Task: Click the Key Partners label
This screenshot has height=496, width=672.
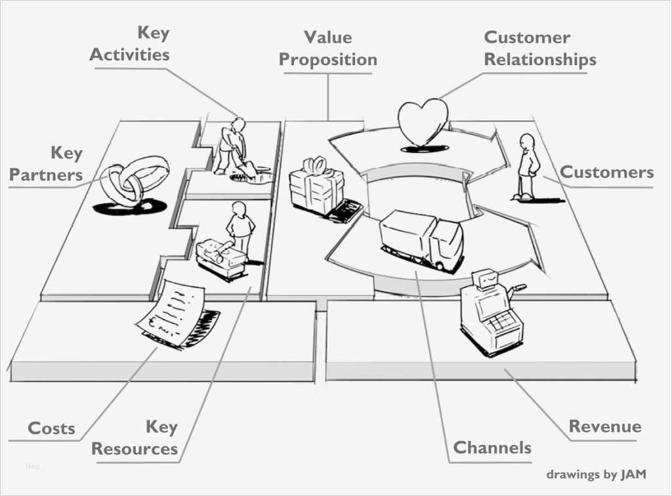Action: (46, 164)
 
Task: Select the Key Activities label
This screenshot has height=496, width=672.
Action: (129, 44)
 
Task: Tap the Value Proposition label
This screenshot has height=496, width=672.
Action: (327, 49)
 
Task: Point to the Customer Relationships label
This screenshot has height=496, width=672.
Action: (539, 49)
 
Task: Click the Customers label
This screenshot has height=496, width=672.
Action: (606, 173)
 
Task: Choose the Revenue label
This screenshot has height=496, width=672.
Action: (604, 426)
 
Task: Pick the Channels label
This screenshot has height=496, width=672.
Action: (492, 448)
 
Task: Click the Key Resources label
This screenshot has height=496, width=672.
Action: (135, 438)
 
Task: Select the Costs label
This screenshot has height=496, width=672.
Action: (51, 429)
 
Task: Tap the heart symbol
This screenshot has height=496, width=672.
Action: (422, 121)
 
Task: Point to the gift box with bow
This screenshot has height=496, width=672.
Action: (316, 187)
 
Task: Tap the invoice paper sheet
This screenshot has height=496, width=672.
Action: (172, 310)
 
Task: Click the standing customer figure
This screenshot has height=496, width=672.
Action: (526, 166)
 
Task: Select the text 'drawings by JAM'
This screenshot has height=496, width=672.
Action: (595, 474)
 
